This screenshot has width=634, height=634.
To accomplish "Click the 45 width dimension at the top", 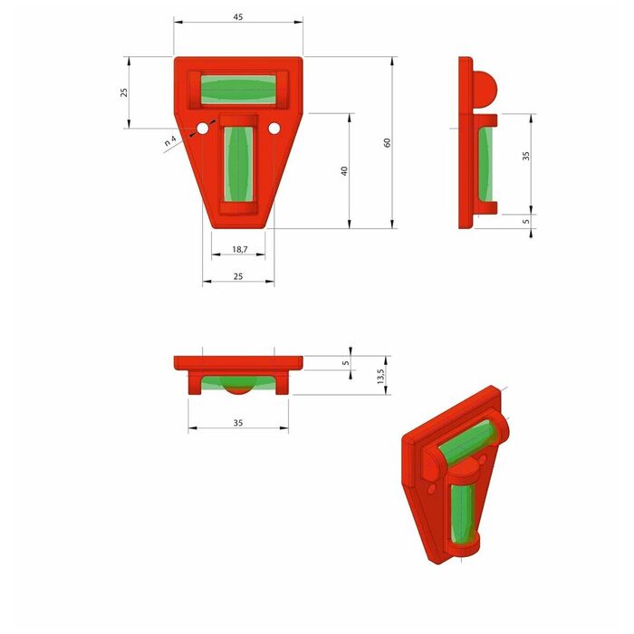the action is click(x=238, y=17).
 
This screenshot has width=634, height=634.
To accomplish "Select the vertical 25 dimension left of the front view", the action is click(x=124, y=92).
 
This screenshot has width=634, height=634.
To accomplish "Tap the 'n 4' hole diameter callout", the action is click(x=170, y=140).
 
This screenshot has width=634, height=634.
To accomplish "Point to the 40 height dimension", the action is click(x=344, y=171).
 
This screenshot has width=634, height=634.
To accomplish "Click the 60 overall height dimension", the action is click(x=388, y=143).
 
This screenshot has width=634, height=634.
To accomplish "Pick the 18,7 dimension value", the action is click(x=240, y=249).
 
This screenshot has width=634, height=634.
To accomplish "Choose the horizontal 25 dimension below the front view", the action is click(x=238, y=276).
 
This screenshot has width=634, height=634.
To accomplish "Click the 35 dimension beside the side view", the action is click(x=525, y=156).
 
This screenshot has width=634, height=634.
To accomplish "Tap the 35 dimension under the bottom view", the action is click(x=238, y=423).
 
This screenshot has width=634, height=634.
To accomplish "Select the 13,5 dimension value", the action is click(x=380, y=376).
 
